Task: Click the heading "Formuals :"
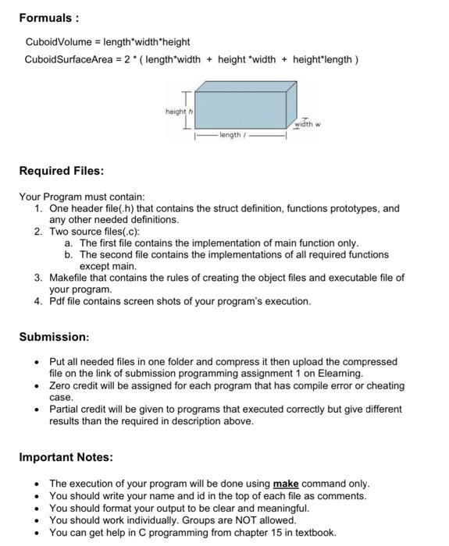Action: tap(48, 16)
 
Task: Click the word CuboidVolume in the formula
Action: tap(58, 41)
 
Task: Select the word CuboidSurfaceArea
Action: tap(69, 58)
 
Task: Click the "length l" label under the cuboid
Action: tap(233, 136)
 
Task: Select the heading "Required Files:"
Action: tap(62, 170)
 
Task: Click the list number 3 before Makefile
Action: tap(38, 277)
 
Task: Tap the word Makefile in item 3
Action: tap(71, 277)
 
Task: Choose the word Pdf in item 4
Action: tap(59, 300)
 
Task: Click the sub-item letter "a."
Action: tap(69, 243)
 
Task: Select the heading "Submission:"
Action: tap(54, 337)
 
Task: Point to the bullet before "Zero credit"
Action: tap(36, 385)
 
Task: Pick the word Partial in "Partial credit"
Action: tap(64, 408)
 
